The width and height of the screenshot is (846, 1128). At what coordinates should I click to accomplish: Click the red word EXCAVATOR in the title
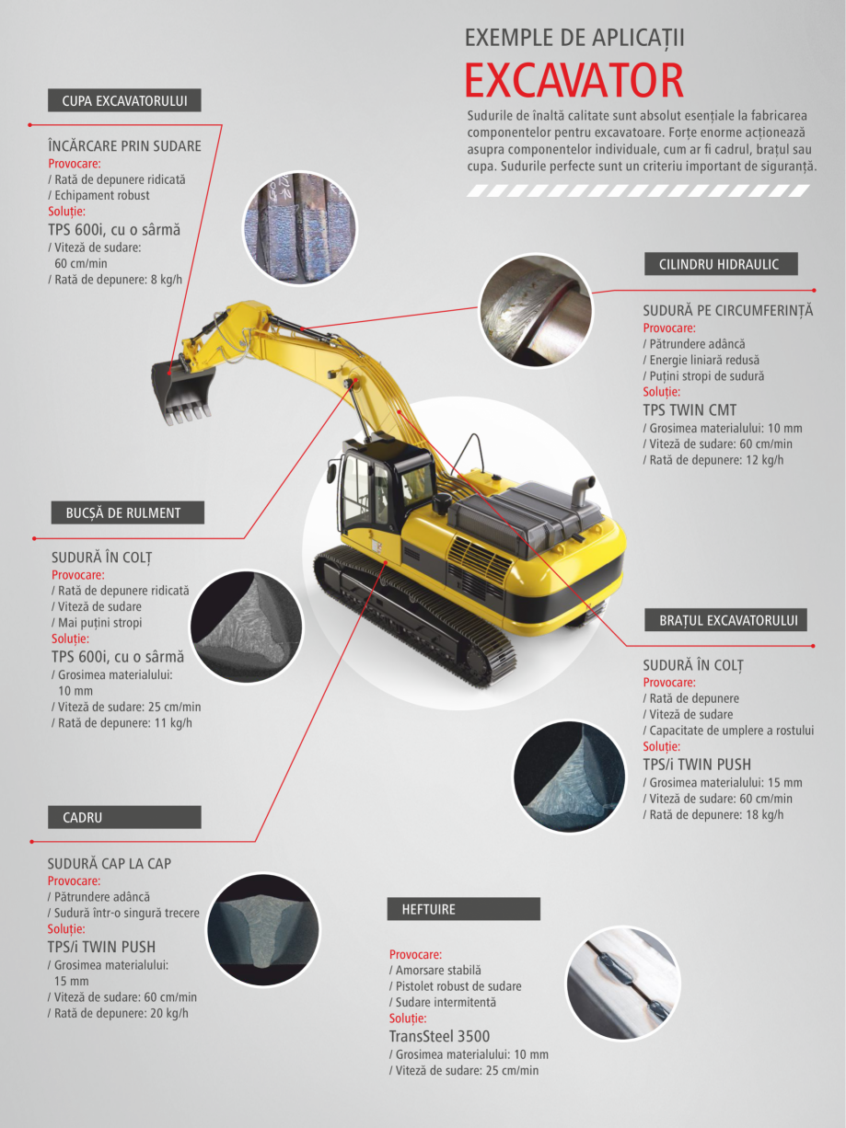[x=574, y=80]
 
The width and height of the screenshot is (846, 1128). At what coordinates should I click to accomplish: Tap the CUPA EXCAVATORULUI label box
[x=124, y=101]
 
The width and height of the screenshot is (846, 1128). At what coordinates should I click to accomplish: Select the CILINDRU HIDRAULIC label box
[x=719, y=264]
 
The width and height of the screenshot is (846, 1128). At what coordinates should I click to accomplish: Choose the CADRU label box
[x=124, y=817]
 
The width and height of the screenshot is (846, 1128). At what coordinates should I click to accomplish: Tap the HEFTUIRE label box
[x=463, y=909]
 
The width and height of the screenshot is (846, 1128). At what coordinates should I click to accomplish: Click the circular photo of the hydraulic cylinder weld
[x=535, y=309]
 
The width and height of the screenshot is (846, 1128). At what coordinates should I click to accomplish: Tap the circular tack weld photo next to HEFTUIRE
[x=622, y=983]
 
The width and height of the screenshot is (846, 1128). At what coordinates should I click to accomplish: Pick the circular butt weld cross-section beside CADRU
[x=262, y=929]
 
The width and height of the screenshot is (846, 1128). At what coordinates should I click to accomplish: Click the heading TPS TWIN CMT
[x=690, y=410]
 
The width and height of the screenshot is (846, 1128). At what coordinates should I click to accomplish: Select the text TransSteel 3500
[x=439, y=1036]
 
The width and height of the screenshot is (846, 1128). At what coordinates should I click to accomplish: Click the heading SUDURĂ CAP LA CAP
[x=110, y=864]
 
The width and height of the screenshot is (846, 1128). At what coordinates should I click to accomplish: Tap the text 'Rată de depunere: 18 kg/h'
[x=713, y=814]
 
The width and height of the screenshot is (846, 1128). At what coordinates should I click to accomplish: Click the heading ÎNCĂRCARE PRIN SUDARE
[x=124, y=146]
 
